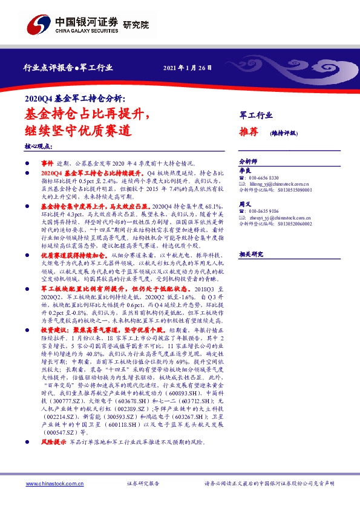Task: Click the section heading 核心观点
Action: pyautogui.click(x=39, y=147)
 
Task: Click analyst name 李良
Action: pyautogui.click(x=244, y=172)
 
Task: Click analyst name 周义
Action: pyautogui.click(x=244, y=205)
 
